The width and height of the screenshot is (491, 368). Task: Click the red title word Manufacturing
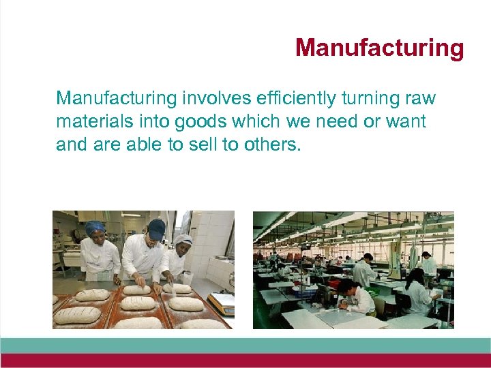(379, 48)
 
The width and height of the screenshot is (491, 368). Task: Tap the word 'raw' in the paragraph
(420, 99)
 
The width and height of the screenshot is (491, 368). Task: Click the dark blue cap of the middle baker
(156, 228)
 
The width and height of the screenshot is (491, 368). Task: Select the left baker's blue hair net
(95, 228)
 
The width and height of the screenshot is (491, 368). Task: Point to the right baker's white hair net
(183, 240)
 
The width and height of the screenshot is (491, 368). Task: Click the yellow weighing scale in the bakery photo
(221, 301)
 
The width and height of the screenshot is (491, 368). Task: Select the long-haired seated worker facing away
(417, 290)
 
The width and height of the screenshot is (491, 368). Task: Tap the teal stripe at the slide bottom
(245, 345)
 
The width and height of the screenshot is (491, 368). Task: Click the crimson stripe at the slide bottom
(245, 361)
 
